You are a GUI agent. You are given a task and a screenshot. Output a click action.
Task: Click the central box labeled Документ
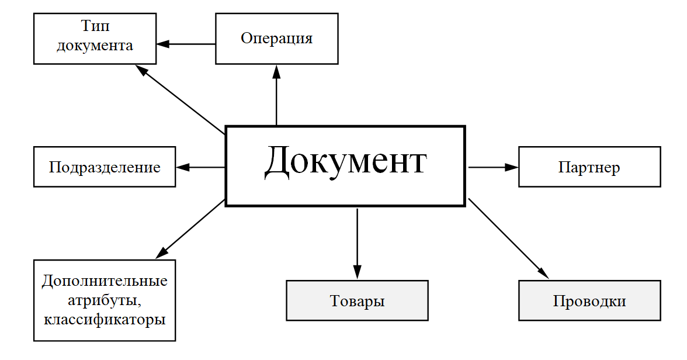(x=345, y=165)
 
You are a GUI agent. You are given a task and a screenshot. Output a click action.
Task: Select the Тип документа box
(x=95, y=38)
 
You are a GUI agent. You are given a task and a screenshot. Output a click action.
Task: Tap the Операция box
(x=277, y=39)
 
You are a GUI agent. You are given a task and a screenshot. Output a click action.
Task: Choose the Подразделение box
(x=105, y=168)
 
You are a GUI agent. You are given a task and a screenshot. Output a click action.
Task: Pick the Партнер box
(x=589, y=168)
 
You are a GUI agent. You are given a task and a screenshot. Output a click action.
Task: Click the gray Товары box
(x=357, y=301)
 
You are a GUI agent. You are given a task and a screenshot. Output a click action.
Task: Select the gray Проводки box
(x=589, y=301)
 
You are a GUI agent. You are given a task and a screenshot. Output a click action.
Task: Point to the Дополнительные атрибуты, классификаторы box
(x=105, y=300)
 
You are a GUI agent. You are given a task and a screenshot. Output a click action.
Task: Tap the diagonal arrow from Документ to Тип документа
(x=181, y=99)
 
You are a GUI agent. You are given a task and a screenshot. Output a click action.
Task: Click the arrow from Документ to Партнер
(x=494, y=167)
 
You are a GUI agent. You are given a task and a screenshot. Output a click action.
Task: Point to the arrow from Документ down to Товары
(x=357, y=243)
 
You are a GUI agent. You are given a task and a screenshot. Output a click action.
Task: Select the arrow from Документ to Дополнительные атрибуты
(x=190, y=229)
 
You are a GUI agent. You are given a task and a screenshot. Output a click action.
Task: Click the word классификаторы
(x=105, y=320)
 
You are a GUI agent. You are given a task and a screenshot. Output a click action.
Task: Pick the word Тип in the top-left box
(x=95, y=27)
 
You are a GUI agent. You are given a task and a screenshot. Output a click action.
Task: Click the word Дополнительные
(x=105, y=281)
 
